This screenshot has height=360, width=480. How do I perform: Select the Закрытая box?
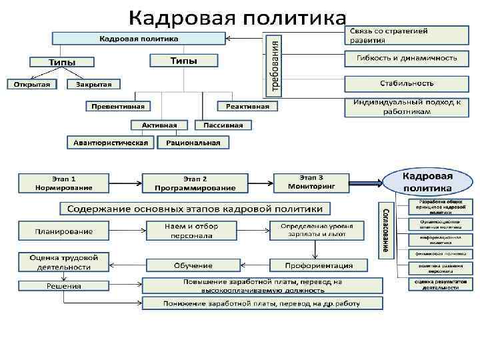tap(93, 85)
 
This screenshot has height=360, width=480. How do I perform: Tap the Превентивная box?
tap(118, 106)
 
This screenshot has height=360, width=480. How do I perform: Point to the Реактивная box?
tap(247, 106)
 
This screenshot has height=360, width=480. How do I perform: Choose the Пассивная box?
tap(223, 125)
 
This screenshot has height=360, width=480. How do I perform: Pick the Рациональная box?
tap(193, 142)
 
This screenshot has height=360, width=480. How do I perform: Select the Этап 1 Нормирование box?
tap(64, 183)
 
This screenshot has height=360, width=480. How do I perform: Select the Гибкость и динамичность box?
tap(407, 58)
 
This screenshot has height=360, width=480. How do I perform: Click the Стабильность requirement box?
tap(407, 83)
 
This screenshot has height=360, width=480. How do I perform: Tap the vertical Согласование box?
tap(385, 230)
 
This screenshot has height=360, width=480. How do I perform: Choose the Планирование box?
tap(64, 231)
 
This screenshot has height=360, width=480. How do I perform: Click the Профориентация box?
tap(319, 265)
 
